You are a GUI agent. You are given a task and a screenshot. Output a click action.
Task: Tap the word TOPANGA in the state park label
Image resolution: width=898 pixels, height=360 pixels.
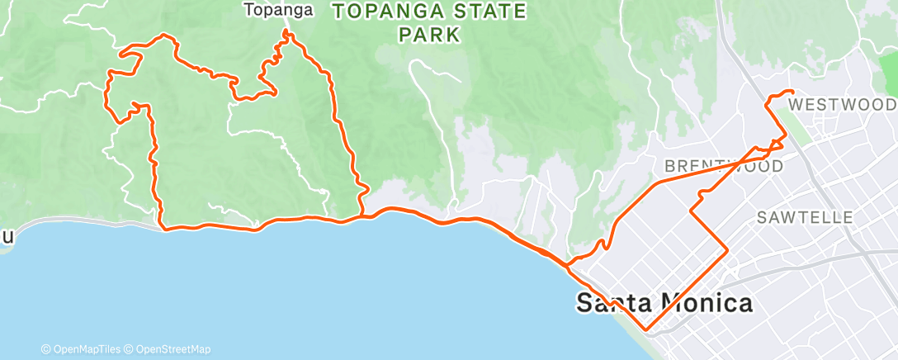click(376, 12)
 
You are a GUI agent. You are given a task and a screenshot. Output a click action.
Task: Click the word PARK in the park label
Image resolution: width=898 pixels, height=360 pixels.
click(429, 36)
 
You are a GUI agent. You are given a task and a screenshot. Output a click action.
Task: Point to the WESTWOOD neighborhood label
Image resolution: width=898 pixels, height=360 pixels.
click(842, 105)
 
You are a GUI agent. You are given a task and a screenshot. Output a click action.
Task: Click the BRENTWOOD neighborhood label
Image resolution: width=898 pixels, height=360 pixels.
click(724, 166)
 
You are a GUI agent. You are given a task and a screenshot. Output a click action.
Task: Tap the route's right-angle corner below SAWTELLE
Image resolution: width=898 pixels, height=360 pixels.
click(726, 249)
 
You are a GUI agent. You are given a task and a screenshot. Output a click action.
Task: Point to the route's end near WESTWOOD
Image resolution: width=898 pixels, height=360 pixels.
click(792, 91)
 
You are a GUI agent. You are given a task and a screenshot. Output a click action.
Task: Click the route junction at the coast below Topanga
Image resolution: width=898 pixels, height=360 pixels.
click(361, 217)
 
